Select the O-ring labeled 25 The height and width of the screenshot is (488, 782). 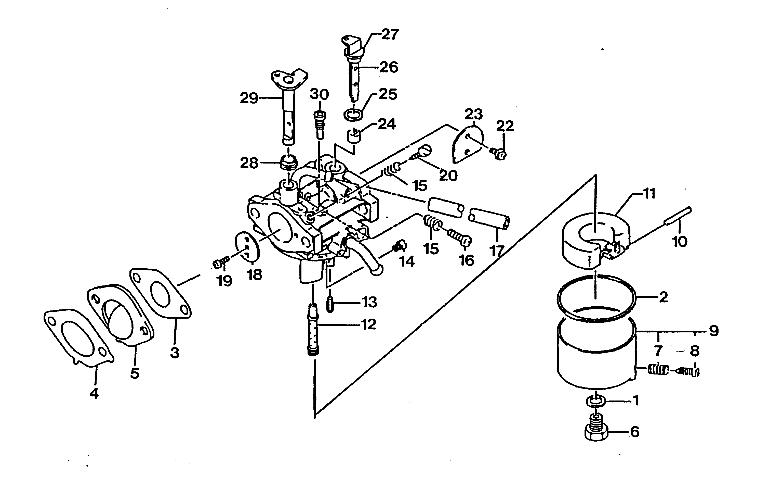coord(353,114)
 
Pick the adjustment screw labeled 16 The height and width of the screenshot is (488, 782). coord(460,237)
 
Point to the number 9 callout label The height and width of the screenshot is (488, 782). coord(714,331)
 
